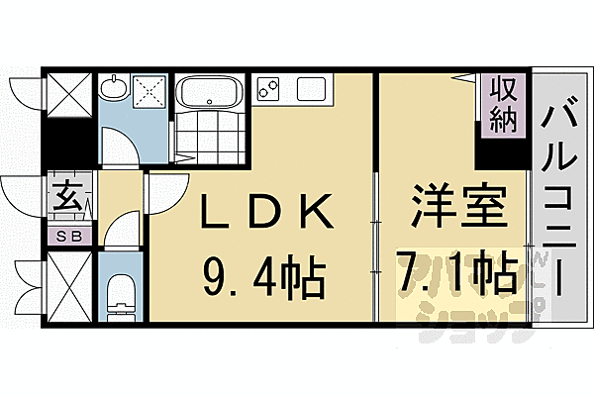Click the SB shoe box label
(x=69, y=236)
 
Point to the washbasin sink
(x=115, y=88)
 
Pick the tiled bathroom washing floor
(x=209, y=139)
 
